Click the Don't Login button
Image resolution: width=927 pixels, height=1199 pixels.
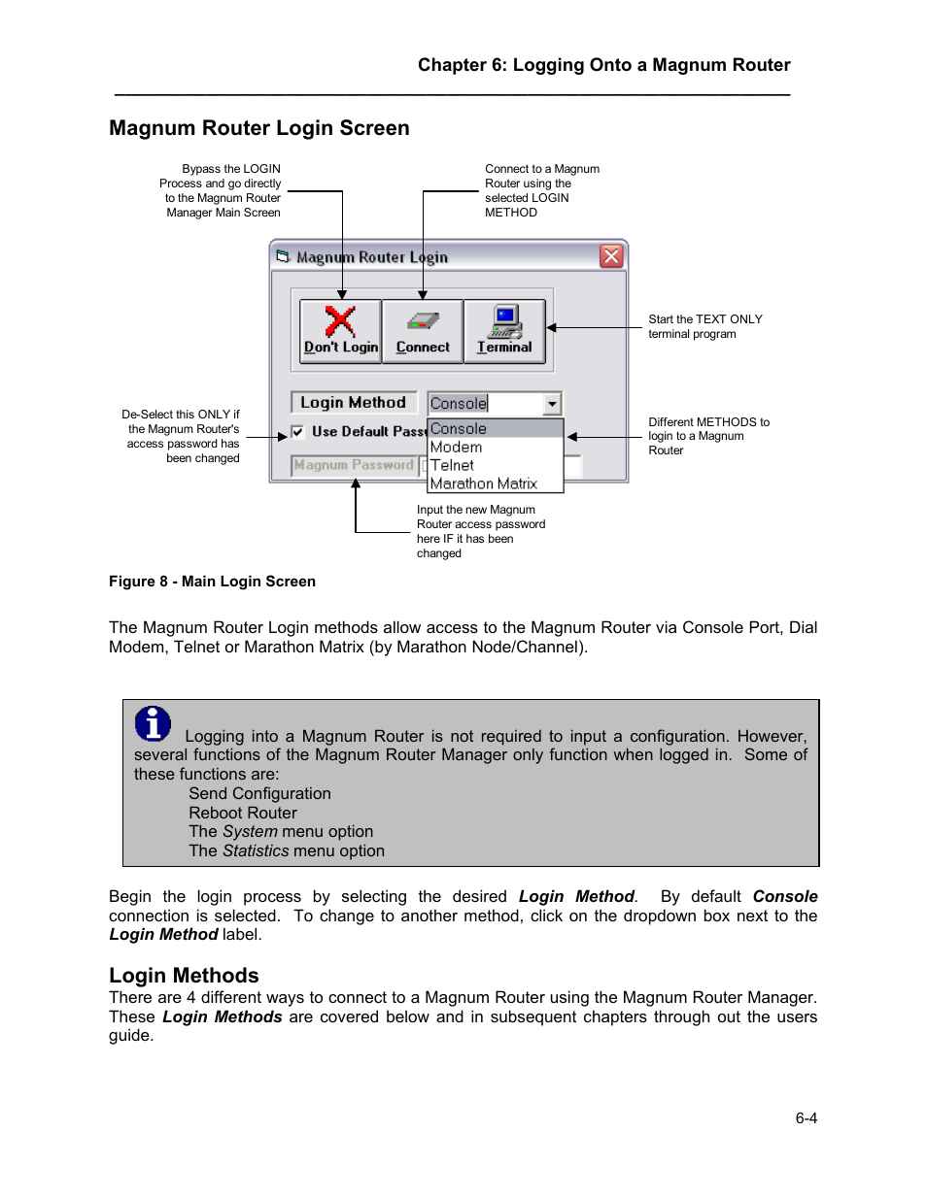pos(340,331)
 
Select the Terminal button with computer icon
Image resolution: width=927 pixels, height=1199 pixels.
pos(504,331)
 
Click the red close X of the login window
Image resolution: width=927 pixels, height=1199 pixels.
pos(610,256)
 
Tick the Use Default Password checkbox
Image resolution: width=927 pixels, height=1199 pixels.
pos(297,432)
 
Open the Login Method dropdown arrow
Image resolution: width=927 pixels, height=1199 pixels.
pos(552,404)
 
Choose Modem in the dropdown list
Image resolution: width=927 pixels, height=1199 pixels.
pos(457,448)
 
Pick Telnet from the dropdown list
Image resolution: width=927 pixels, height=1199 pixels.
pos(453,466)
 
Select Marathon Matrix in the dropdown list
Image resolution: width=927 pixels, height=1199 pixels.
pos(484,483)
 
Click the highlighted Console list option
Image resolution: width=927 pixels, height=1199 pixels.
pos(459,429)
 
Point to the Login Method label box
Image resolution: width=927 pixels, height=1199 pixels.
pos(353,403)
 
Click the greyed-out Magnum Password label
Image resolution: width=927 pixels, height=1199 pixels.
pos(354,466)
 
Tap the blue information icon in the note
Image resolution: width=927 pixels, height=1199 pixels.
pos(153,723)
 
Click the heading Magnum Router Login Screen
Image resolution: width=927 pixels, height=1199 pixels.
pos(259,128)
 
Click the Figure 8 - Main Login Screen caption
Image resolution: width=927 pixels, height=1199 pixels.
pos(212,582)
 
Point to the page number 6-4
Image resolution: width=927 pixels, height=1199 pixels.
pos(806,1118)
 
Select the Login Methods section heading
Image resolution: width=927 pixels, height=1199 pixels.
pos(184,976)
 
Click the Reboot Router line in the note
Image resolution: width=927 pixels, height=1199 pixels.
pos(243,814)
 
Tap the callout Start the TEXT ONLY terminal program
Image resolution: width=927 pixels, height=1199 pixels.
pos(704,326)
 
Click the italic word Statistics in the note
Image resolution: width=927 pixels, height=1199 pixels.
pos(256,851)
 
